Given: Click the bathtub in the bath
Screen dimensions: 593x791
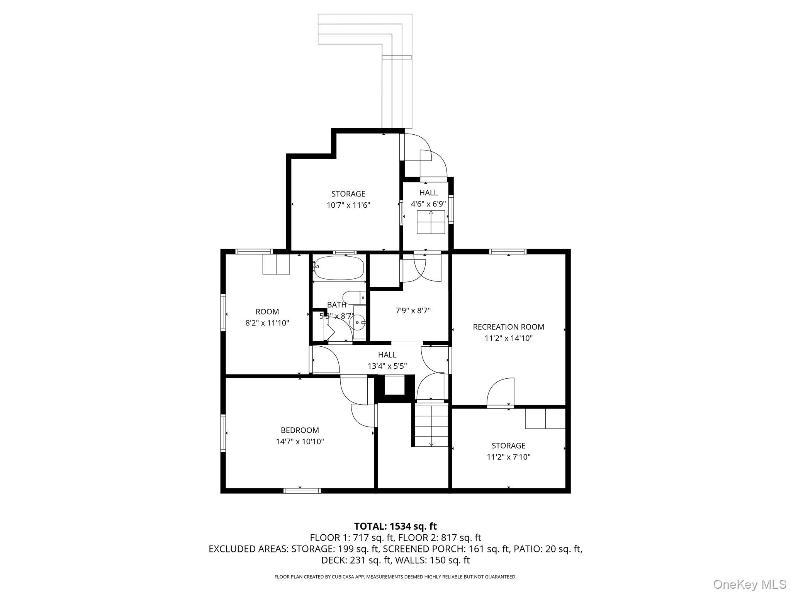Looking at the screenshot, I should [x=339, y=268].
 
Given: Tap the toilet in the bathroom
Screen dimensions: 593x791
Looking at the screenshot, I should [x=353, y=297].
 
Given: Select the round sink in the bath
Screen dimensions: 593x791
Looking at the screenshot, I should [x=358, y=322].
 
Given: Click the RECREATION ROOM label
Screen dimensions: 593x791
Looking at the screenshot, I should [x=508, y=327].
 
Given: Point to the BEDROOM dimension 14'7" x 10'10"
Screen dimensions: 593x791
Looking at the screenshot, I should [x=300, y=442].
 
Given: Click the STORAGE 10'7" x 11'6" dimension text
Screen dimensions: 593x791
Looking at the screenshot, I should [x=348, y=205].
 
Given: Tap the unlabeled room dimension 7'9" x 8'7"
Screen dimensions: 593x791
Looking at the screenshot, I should [x=413, y=310].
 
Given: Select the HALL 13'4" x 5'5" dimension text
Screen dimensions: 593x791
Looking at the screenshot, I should [x=387, y=366].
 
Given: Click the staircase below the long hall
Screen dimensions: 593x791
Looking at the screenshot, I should [x=431, y=425].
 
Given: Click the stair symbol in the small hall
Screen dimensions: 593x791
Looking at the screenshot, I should [x=431, y=222].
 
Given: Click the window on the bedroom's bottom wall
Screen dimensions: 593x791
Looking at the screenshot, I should [x=302, y=491].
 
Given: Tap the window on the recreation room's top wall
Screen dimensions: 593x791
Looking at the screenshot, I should [x=508, y=252].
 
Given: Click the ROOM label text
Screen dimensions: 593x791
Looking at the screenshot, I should [x=267, y=312].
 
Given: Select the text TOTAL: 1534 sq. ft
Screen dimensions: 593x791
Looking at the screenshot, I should [x=395, y=526].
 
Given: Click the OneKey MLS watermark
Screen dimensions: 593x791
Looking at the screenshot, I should [x=749, y=584].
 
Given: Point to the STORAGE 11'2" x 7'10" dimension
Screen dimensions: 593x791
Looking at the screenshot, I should [x=508, y=457].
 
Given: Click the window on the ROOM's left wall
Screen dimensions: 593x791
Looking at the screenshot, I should [x=223, y=312].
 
